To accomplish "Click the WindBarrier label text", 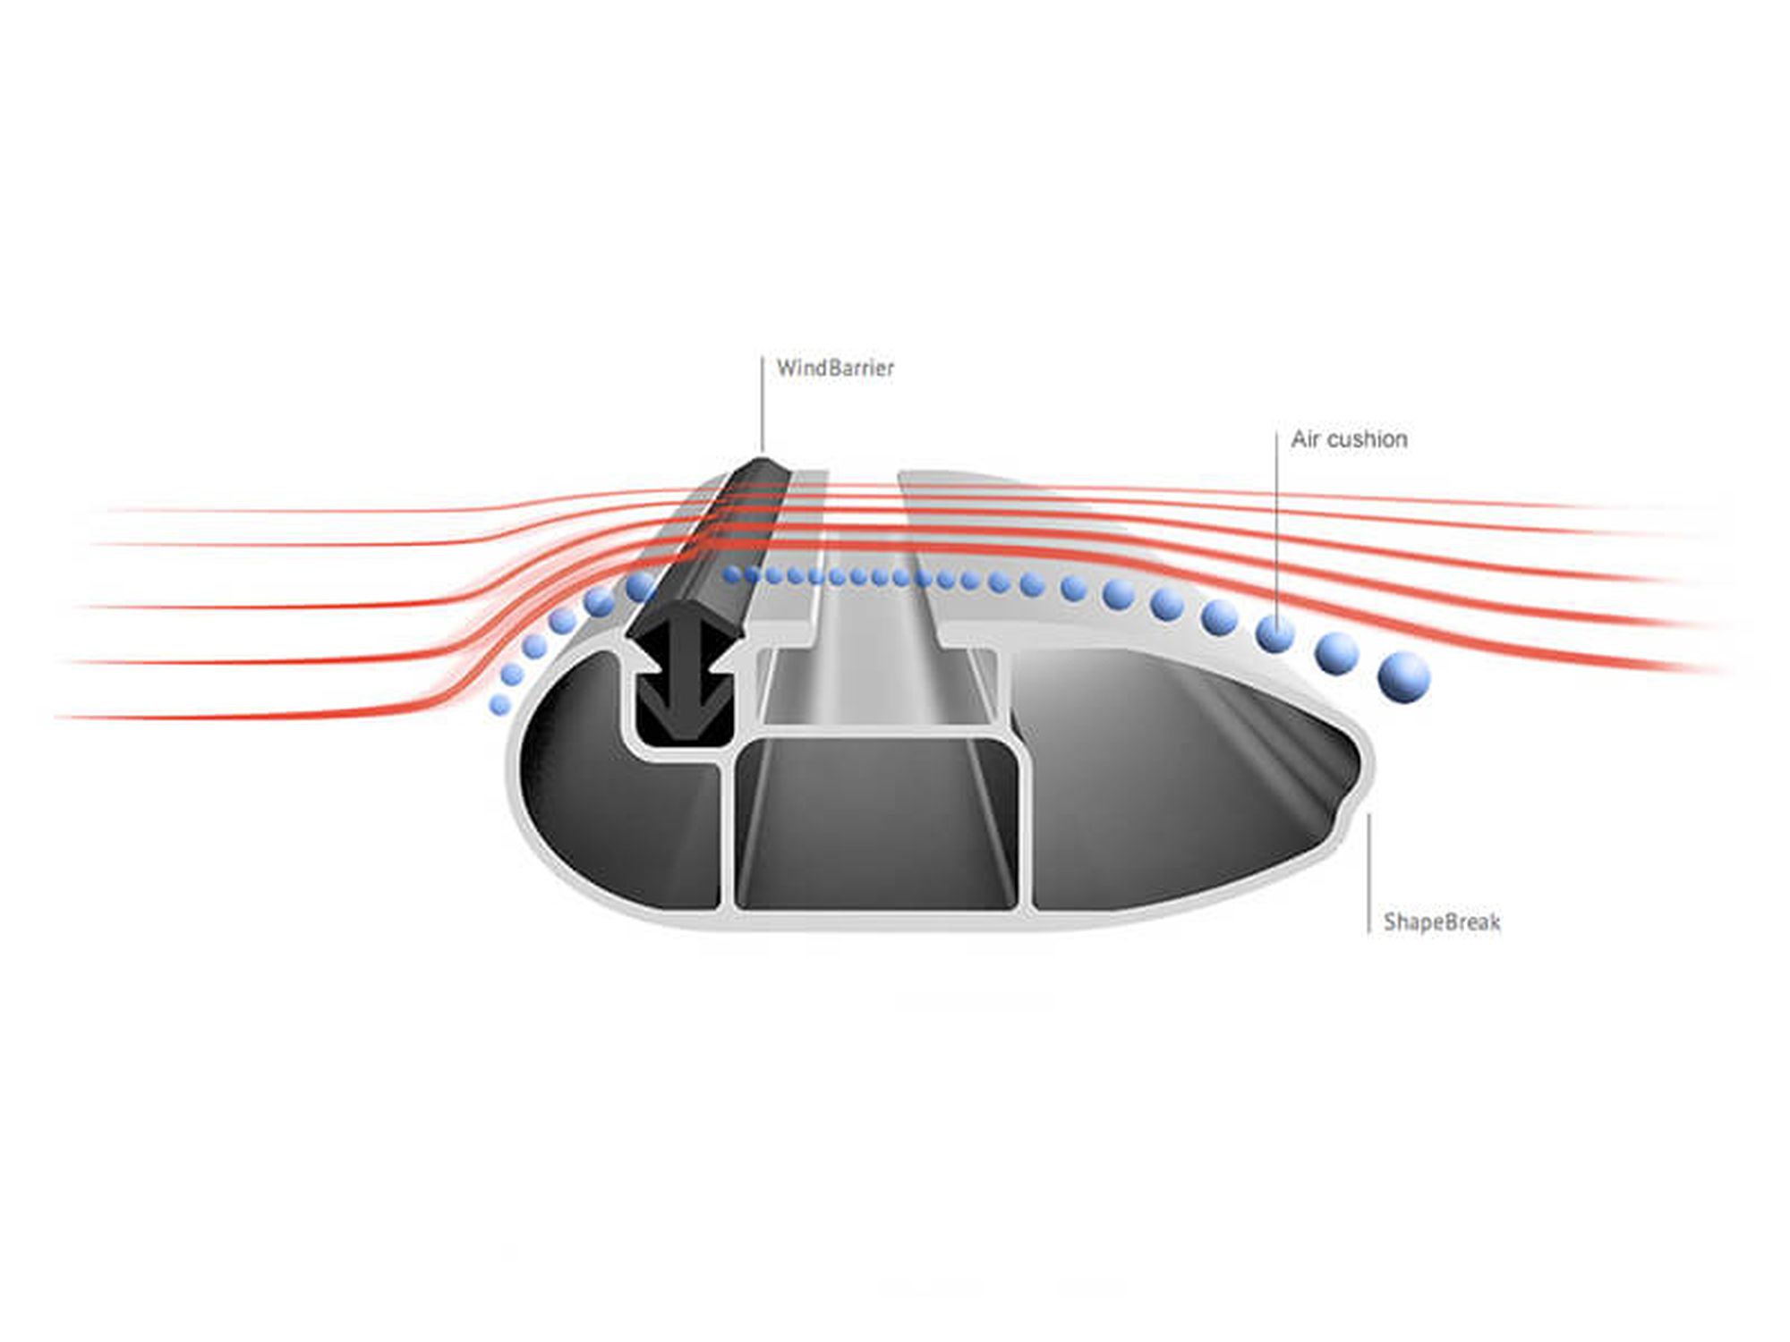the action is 835,368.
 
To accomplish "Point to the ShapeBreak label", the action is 1442,922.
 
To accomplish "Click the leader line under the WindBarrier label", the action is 763,405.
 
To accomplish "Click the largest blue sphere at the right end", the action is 1404,676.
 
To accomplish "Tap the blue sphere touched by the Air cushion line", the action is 1275,633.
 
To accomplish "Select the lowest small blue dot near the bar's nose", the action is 500,706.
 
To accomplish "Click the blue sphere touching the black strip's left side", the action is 640,587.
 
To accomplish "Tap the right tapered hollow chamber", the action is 1181,787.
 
